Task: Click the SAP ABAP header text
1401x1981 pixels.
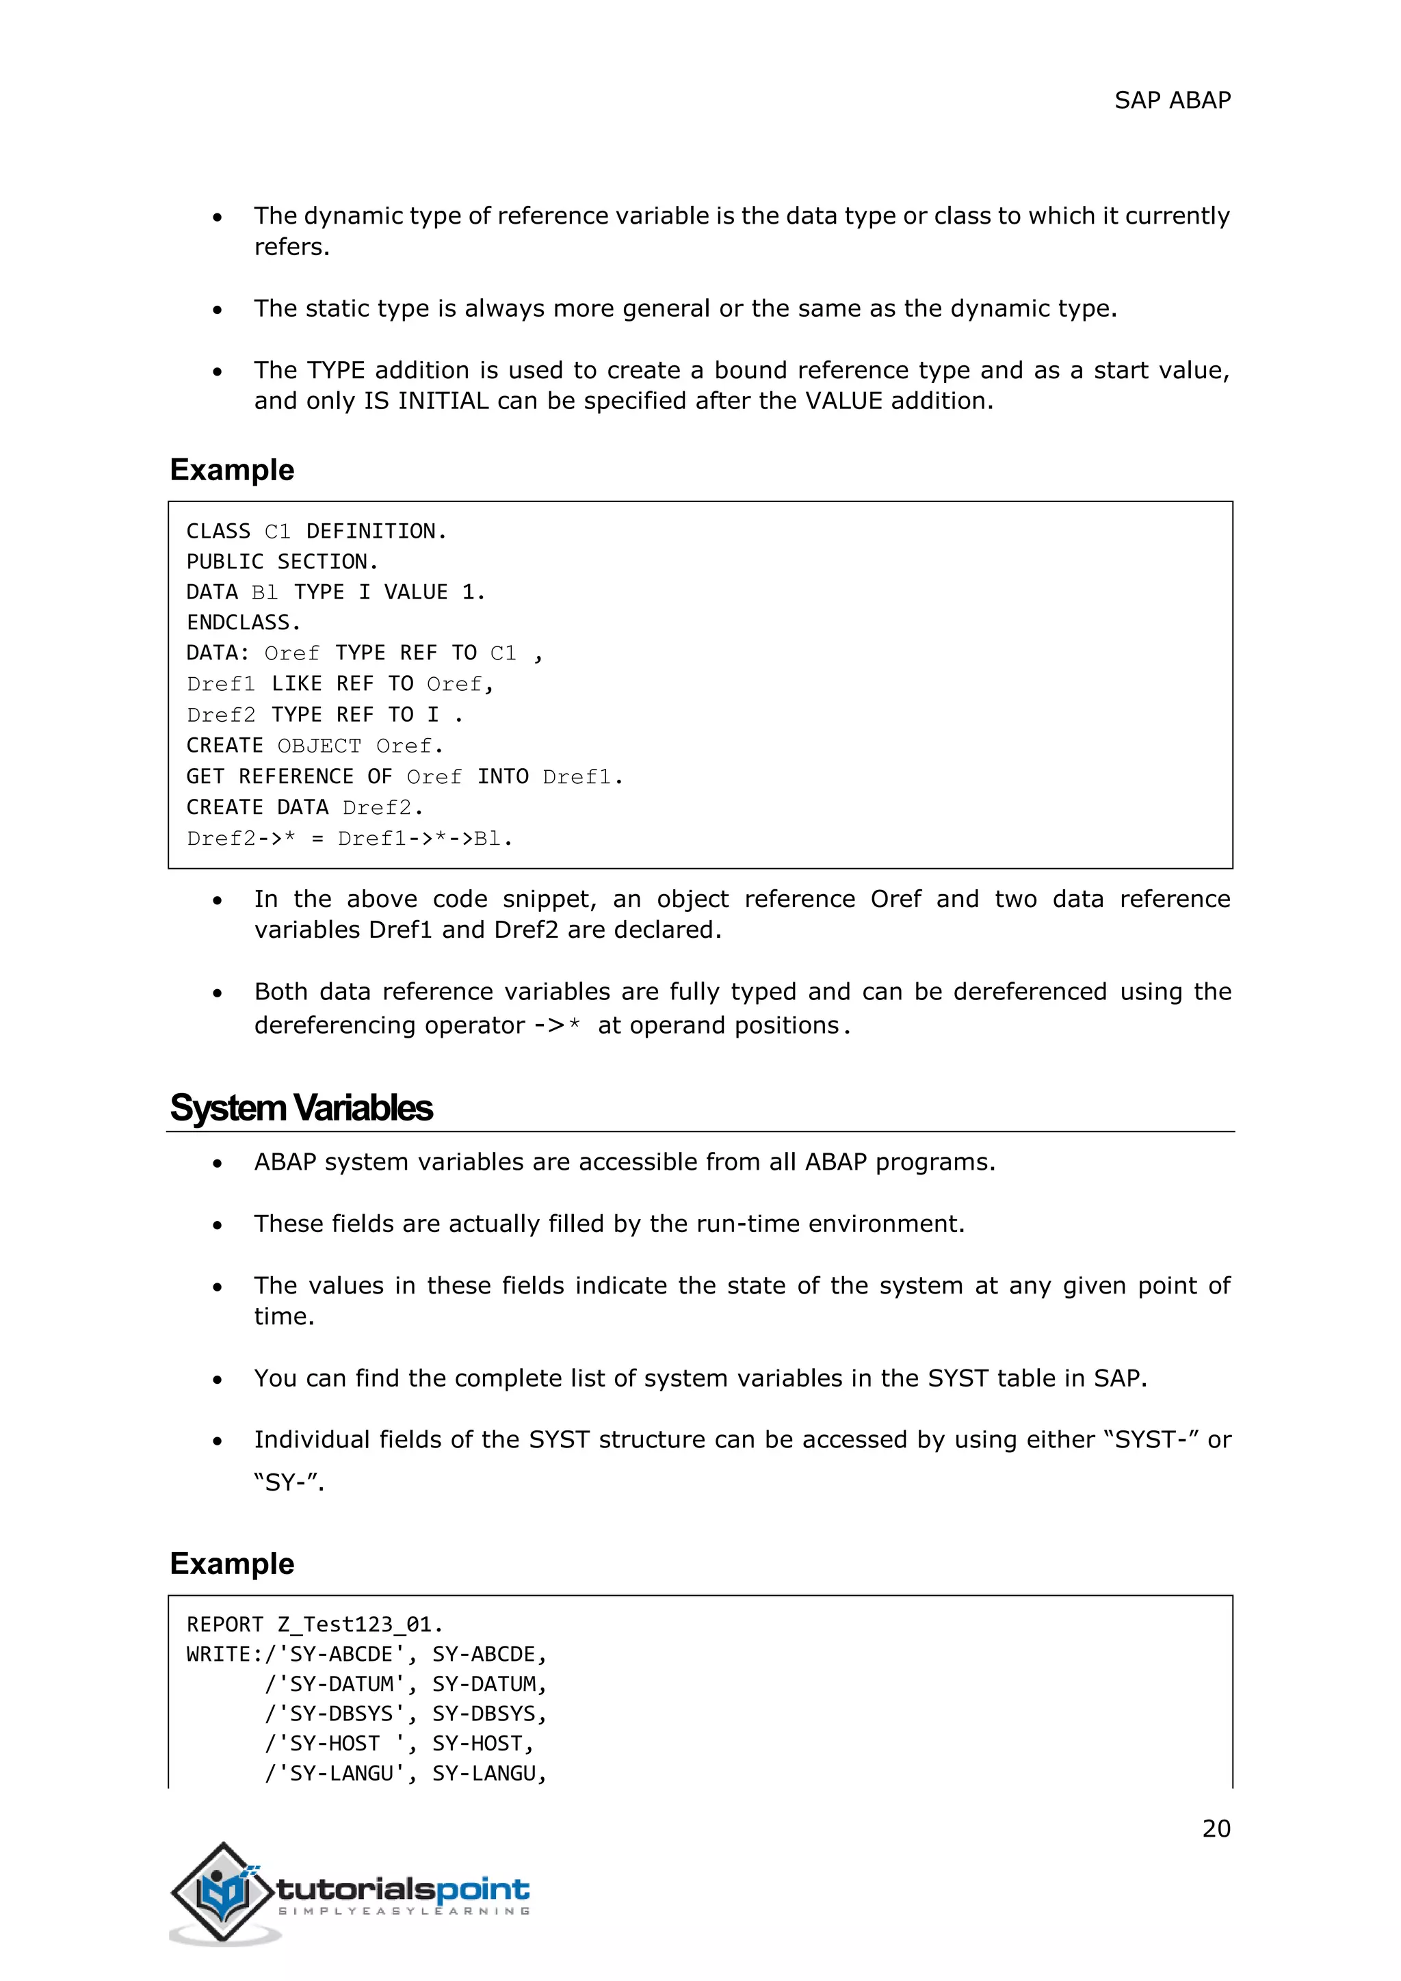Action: [1172, 101]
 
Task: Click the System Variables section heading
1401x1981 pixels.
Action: [301, 1108]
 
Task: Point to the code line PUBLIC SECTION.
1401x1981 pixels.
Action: [282, 562]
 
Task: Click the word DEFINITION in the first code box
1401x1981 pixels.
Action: [376, 532]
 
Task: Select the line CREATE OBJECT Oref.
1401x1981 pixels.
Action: [314, 746]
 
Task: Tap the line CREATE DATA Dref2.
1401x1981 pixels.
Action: [304, 808]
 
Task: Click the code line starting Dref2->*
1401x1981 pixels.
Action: [350, 839]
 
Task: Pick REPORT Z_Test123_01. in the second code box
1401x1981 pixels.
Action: [314, 1625]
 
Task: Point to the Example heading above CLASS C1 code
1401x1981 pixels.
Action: [232, 470]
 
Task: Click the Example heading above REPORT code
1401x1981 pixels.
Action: [232, 1564]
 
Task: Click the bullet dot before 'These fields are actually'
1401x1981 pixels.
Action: [218, 1225]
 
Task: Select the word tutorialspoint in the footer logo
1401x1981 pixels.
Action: [403, 1889]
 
